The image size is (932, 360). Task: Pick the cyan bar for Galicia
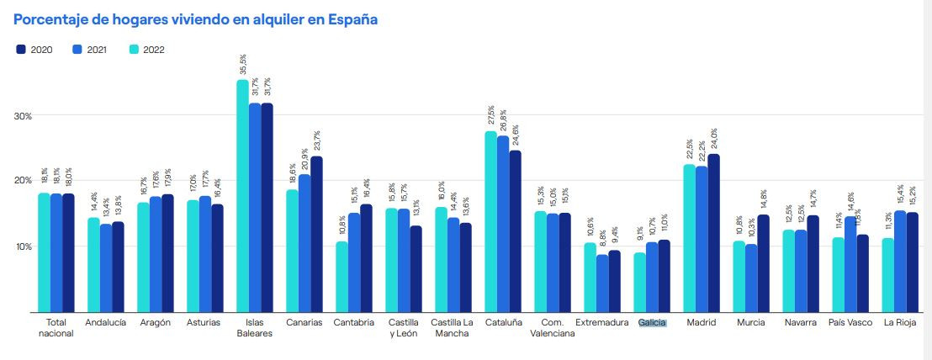[x=640, y=282]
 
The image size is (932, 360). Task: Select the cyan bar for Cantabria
[x=342, y=277]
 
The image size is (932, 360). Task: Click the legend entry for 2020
[x=34, y=50]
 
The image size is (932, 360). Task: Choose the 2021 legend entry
[x=91, y=50]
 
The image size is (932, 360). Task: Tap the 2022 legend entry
[x=146, y=50]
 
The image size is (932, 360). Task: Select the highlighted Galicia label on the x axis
[x=652, y=322]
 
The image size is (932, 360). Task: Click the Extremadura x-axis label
[x=601, y=322]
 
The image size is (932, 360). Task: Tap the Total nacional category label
[x=56, y=327]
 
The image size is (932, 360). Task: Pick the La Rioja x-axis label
[x=900, y=322]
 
